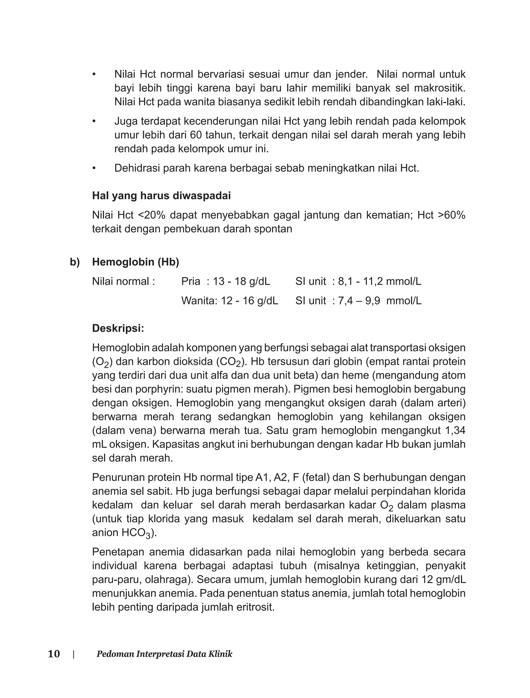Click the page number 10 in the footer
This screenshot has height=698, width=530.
coord(54,654)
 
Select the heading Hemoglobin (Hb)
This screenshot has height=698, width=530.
coord(135,262)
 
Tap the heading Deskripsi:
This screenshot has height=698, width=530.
coord(118,328)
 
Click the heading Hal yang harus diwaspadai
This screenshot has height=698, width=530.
coord(161,196)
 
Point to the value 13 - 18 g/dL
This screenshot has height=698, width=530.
coord(241,281)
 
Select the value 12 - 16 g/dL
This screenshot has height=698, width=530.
coord(249,300)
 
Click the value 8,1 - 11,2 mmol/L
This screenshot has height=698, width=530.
coord(380,281)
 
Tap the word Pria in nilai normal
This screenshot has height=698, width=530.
coord(190,281)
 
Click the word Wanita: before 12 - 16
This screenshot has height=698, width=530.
coord(199,300)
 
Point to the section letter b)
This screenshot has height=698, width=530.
coord(75,262)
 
